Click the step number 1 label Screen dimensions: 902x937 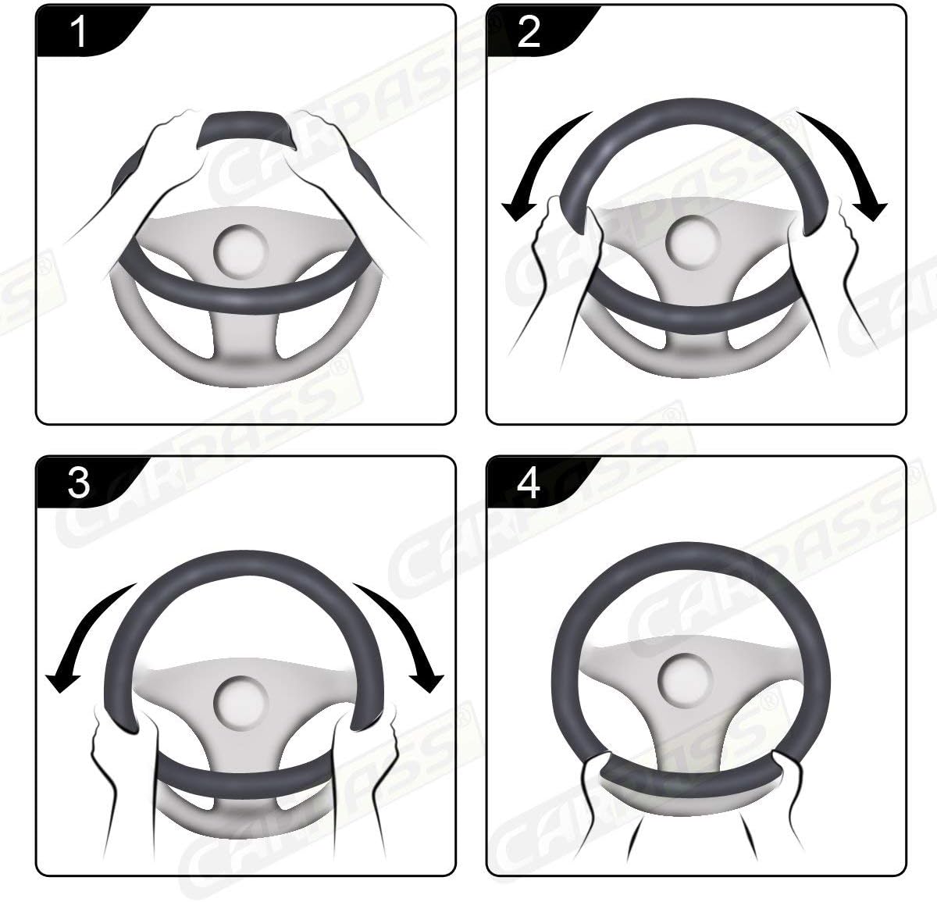coord(79,33)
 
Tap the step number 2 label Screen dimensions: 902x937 coord(529,33)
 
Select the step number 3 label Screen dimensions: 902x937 coord(79,483)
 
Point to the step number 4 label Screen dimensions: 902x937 coord(529,483)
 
